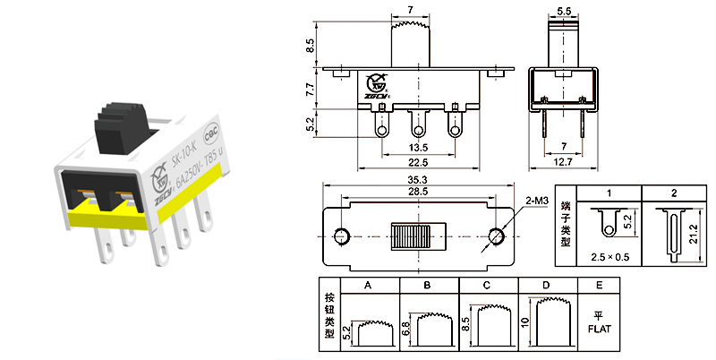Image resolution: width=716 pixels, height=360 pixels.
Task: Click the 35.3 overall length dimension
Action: point(418,180)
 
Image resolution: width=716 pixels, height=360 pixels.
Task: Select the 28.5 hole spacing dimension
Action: point(418,192)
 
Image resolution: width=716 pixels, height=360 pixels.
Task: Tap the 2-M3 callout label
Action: point(537,202)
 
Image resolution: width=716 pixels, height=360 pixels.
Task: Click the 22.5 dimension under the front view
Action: point(417,162)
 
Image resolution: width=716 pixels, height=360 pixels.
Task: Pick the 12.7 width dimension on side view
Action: point(564,162)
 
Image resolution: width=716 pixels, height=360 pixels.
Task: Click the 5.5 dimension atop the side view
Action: point(564,11)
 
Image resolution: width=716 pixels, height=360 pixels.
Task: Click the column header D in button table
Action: point(545,286)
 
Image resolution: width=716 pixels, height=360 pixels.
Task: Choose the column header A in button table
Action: point(368,286)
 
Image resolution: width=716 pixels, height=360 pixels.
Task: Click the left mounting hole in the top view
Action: point(340,236)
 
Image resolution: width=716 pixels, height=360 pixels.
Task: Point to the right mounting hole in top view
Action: point(497,236)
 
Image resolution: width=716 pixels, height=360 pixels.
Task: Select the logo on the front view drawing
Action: point(373,85)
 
